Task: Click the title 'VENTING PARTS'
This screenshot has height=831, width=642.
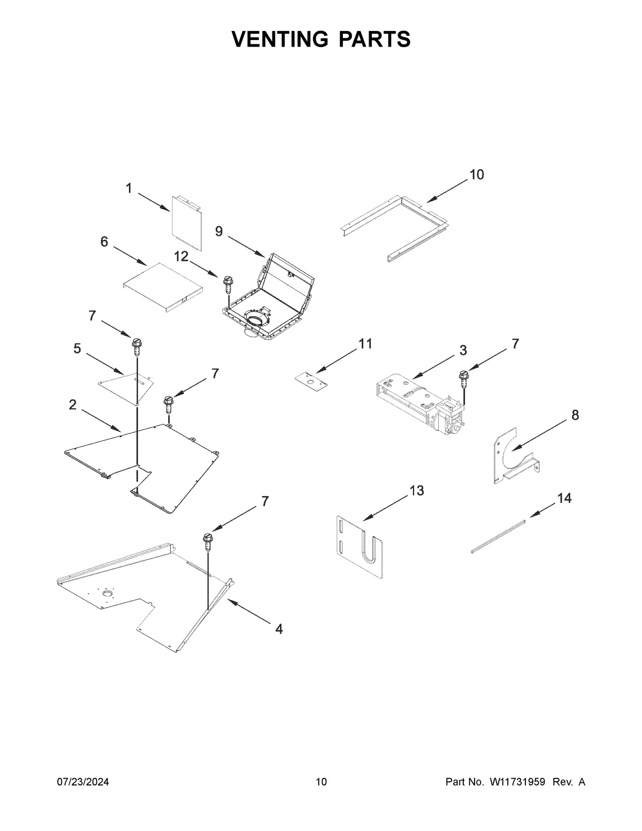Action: [x=321, y=40]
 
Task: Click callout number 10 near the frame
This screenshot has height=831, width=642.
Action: [x=477, y=174]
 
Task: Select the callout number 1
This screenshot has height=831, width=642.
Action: [x=129, y=188]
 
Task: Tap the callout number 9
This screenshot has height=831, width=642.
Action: [x=219, y=231]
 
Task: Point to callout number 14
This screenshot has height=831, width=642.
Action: [x=564, y=499]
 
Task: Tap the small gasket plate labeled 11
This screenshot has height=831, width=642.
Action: [x=310, y=379]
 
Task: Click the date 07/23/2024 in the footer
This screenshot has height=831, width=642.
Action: [x=83, y=782]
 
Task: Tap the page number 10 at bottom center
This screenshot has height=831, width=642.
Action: [x=321, y=782]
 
